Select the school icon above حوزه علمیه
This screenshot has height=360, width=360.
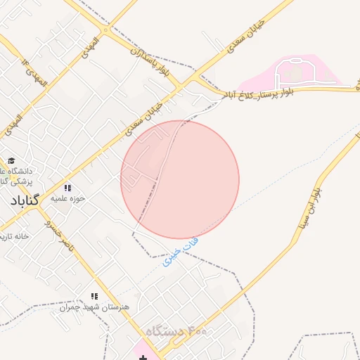[67, 188]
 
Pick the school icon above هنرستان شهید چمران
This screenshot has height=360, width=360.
[94, 296]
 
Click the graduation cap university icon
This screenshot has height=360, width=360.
[11, 160]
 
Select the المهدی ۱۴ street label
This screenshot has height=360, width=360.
[35, 73]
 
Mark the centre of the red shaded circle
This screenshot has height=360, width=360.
[180, 180]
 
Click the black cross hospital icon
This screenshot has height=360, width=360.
[143, 358]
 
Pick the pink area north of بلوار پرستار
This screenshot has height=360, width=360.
[299, 73]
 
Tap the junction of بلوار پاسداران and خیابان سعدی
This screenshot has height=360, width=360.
[181, 85]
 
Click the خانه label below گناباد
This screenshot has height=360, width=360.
[21, 236]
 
